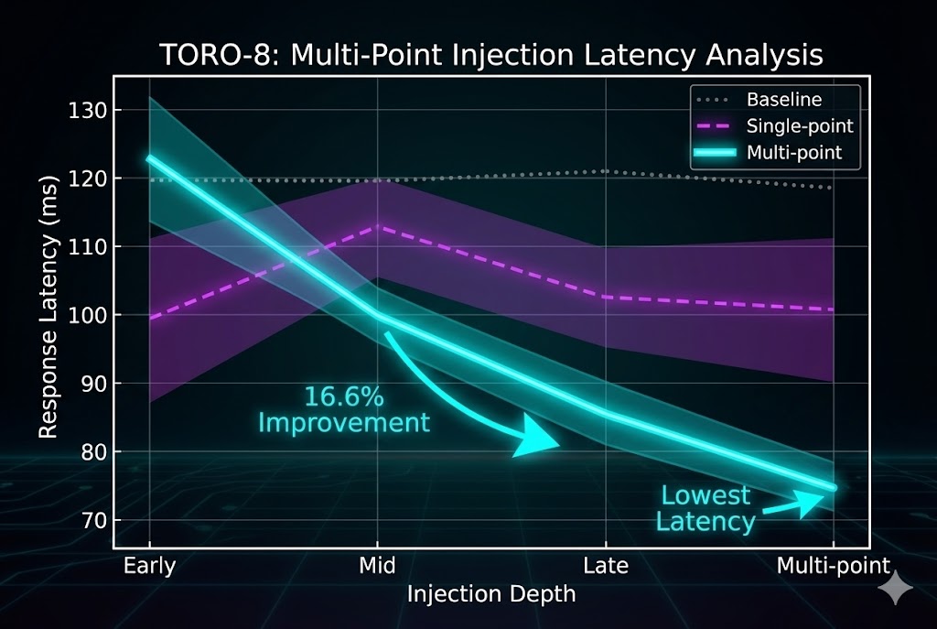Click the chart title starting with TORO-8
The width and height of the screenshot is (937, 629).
(x=491, y=55)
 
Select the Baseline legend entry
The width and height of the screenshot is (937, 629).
(x=783, y=99)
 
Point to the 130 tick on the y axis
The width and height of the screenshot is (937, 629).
(x=89, y=111)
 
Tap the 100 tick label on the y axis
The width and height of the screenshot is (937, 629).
(x=89, y=316)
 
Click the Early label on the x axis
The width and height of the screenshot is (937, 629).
(x=149, y=566)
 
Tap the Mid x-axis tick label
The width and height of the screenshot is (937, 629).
(x=378, y=566)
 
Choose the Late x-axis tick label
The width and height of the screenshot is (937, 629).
(x=606, y=566)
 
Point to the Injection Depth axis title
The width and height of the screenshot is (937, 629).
(x=491, y=594)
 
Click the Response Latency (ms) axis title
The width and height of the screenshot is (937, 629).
(x=49, y=314)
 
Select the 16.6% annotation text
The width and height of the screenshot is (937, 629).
(x=343, y=397)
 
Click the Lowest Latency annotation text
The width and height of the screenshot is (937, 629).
(x=707, y=509)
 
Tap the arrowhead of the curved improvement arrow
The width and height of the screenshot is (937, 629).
(x=540, y=439)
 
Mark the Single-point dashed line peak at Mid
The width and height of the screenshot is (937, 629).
(x=379, y=226)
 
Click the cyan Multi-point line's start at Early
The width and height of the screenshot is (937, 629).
(x=149, y=158)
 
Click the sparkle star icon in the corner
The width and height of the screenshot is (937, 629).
(x=894, y=590)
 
